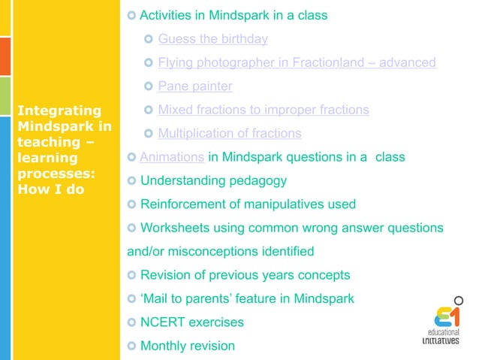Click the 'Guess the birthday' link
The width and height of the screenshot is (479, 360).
pyautogui.click(x=212, y=39)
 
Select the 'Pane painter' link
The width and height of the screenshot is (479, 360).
pyautogui.click(x=194, y=86)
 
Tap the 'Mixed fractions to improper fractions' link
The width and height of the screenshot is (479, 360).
pyautogui.click(x=264, y=110)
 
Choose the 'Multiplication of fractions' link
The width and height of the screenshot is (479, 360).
pyautogui.click(x=230, y=134)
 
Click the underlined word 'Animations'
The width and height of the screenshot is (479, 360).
pyautogui.click(x=172, y=157)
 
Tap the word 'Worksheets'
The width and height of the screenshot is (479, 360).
pyautogui.click(x=176, y=228)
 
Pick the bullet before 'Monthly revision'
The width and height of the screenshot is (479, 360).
pyautogui.click(x=132, y=346)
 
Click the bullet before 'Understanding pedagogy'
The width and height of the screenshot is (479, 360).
pyautogui.click(x=132, y=181)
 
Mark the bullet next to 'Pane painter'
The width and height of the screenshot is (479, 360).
pyautogui.click(x=149, y=86)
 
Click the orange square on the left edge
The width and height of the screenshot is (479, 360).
pyautogui.click(x=5, y=52)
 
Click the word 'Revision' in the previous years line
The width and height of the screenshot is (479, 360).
pyautogui.click(x=168, y=275)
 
